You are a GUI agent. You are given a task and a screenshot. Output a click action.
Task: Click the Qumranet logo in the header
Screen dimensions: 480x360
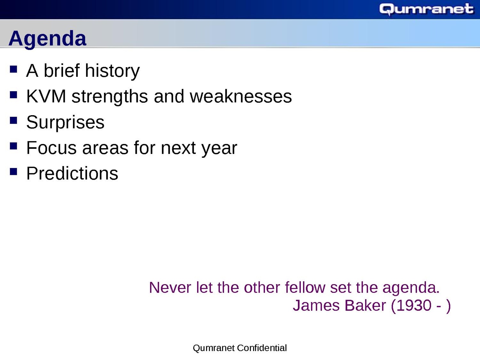tap(426, 9)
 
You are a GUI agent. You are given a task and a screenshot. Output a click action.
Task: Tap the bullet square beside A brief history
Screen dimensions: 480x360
tap(13, 69)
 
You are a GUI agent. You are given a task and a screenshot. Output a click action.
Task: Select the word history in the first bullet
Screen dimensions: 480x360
tap(112, 71)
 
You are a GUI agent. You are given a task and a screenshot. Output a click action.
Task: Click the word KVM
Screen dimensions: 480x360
tap(46, 96)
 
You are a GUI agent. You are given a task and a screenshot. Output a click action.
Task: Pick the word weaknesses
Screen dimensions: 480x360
tap(241, 96)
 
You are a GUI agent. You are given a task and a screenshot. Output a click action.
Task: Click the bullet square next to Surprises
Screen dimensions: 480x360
tap(13, 120)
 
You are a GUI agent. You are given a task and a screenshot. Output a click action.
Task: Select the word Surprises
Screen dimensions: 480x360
tap(65, 122)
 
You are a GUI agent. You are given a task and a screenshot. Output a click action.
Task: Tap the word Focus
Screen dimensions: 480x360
tap(52, 148)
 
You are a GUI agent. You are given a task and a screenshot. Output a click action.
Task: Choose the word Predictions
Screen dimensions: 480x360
tap(72, 174)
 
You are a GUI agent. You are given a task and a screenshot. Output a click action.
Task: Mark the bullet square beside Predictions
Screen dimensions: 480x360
tap(13, 172)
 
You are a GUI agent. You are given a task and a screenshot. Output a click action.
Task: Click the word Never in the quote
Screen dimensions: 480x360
tap(170, 288)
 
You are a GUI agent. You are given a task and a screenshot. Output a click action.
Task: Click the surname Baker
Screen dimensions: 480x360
tap(365, 305)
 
